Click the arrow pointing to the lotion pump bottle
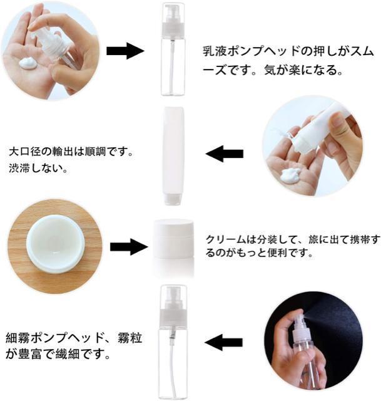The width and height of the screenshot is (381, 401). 125,51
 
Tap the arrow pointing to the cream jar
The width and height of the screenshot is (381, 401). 129,246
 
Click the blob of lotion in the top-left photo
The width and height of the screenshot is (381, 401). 28,63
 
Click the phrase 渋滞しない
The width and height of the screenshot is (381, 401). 38,169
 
